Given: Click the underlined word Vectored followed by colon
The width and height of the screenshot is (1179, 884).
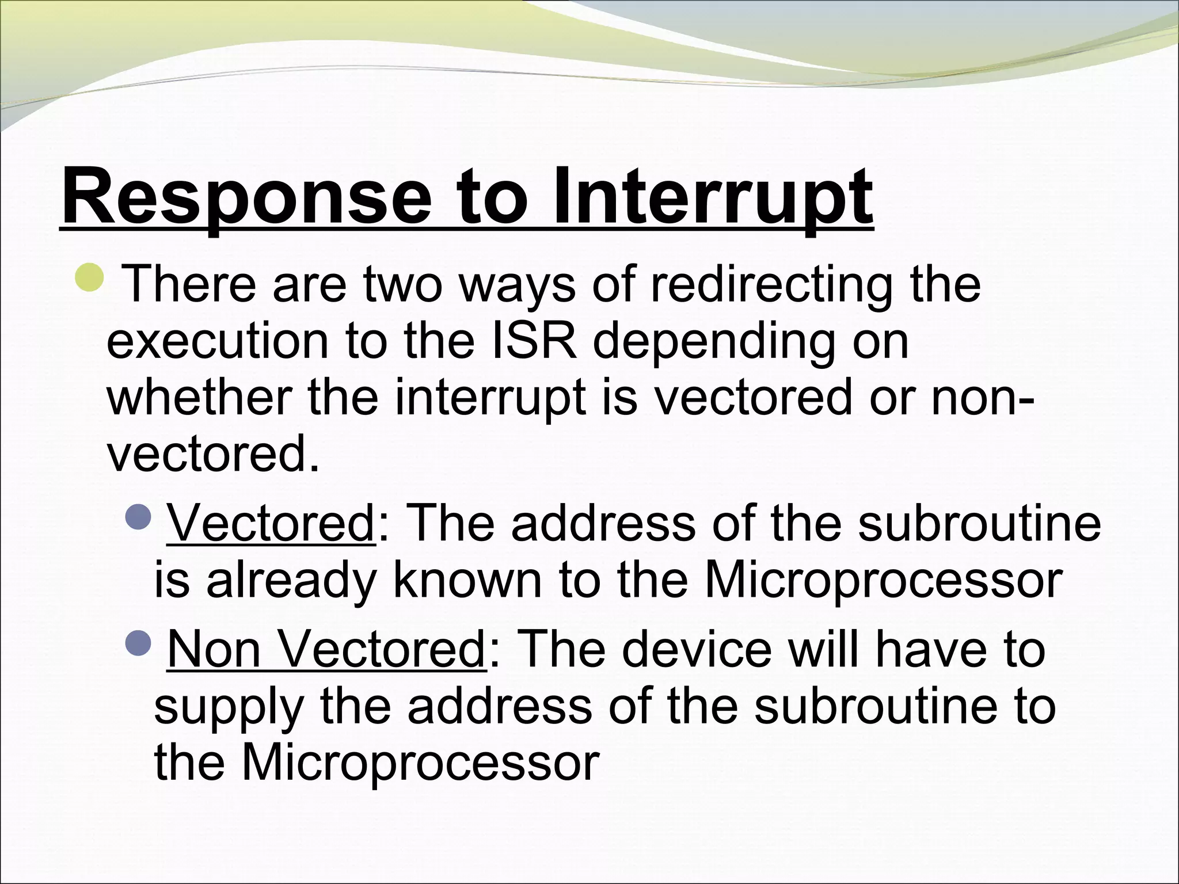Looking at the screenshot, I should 271,523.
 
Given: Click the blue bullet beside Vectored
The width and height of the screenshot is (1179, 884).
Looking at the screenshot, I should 138,516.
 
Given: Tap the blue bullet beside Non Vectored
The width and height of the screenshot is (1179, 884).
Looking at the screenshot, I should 138,642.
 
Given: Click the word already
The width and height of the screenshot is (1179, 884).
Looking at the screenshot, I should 291,581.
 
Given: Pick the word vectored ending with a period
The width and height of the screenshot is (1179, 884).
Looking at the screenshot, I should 213,454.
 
